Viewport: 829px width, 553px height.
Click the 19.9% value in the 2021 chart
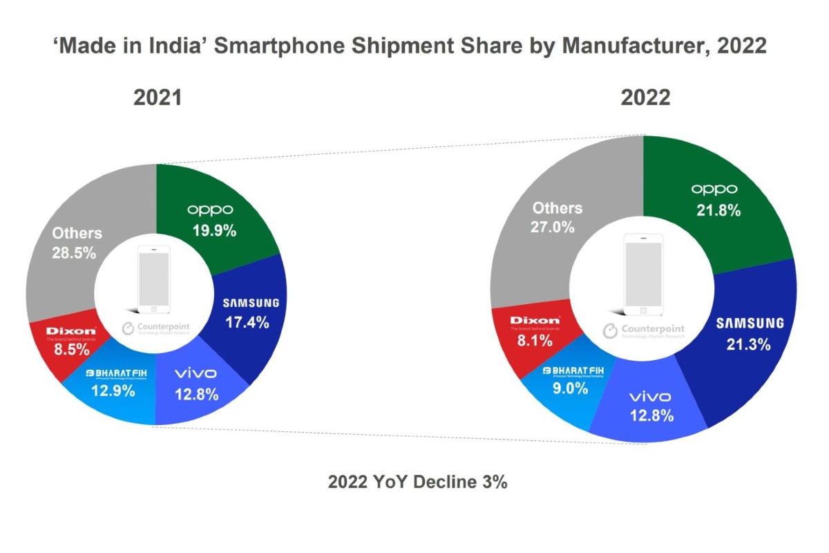[x=213, y=231]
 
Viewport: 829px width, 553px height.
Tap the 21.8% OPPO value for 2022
[x=718, y=211]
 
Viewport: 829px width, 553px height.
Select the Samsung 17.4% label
[x=246, y=321]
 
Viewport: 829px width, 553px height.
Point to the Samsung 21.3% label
[x=749, y=344]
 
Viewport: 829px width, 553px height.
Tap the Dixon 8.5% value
[x=71, y=350]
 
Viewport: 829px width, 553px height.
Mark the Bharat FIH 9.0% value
[x=570, y=388]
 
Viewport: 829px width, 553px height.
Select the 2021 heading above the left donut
[x=158, y=97]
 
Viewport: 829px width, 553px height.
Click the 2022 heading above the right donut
[x=646, y=97]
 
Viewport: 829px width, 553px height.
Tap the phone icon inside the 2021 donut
[x=153, y=279]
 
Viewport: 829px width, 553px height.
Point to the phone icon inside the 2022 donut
[x=643, y=274]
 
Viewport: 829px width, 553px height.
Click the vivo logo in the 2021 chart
[x=196, y=374]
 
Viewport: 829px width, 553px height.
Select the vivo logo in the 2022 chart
[x=650, y=397]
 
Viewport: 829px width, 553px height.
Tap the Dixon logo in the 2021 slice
[x=71, y=331]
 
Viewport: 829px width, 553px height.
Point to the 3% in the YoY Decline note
[x=495, y=482]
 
